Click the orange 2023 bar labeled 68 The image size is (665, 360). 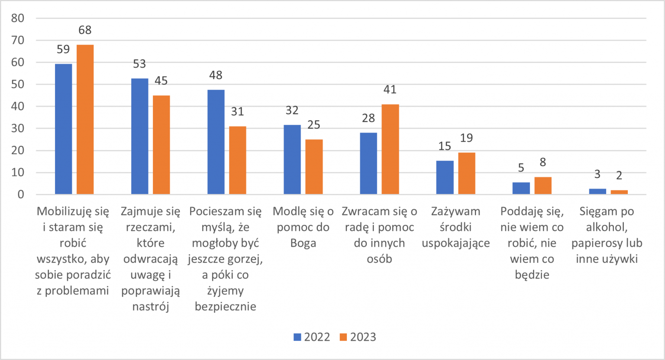click(x=85, y=119)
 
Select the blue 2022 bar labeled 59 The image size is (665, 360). click(x=63, y=129)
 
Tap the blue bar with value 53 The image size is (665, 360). click(x=139, y=136)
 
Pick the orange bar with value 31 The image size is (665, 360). click(x=237, y=160)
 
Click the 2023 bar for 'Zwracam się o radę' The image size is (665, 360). click(x=390, y=149)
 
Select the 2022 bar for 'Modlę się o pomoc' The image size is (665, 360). click(x=292, y=159)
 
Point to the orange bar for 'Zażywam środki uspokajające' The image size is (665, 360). click(x=467, y=173)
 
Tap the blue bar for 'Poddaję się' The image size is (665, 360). click(x=521, y=188)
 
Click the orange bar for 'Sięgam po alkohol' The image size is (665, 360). click(x=619, y=192)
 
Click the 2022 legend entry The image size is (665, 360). click(x=312, y=337)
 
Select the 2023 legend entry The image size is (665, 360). click(x=358, y=337)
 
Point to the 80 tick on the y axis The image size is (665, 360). click(x=18, y=18)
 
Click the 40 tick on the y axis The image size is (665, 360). click(x=18, y=106)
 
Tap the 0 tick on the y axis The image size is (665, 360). click(x=21, y=195)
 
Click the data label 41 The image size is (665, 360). click(x=390, y=90)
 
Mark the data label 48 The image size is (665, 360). click(x=216, y=75)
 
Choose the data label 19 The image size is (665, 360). click(x=467, y=138)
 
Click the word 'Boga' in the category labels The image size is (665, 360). click(x=303, y=243)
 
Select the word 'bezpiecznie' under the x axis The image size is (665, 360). click(x=226, y=306)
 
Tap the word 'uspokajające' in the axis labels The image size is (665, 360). click(x=456, y=243)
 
